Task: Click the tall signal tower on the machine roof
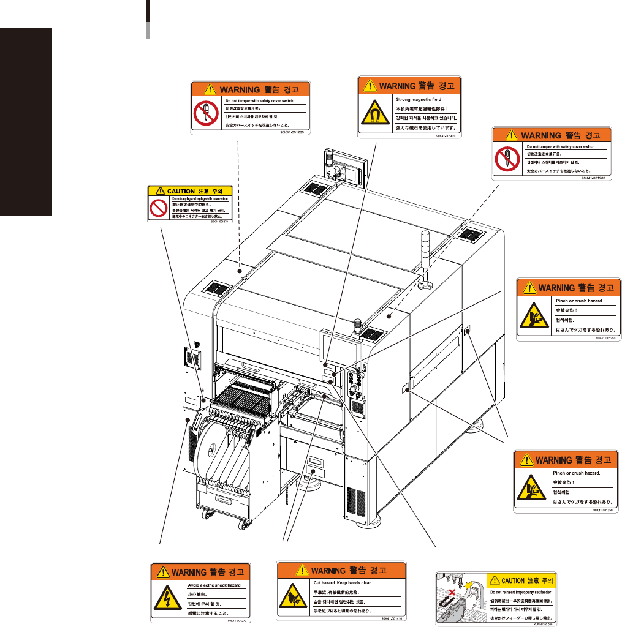pyautogui.click(x=423, y=257)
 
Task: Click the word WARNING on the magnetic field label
pyautogui.click(x=397, y=85)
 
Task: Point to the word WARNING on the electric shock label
pyautogui.click(x=188, y=572)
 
